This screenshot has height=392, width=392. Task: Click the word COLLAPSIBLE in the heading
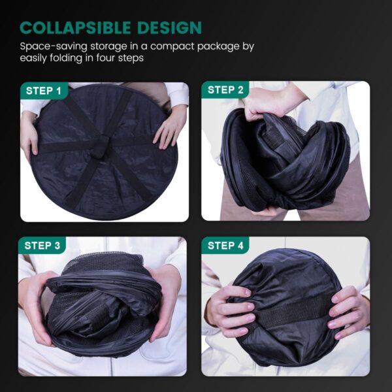pyautogui.click(x=75, y=27)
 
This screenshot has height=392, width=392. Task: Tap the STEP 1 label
pyautogui.click(x=44, y=91)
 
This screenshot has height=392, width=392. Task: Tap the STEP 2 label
pyautogui.click(x=225, y=90)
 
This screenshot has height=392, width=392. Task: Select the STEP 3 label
pyautogui.click(x=42, y=246)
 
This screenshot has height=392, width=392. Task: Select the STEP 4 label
pyautogui.click(x=225, y=246)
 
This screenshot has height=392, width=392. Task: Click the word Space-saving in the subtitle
pyautogui.click(x=54, y=47)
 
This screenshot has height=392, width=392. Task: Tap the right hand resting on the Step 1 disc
pyautogui.click(x=169, y=127)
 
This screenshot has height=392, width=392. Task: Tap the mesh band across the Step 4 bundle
pyautogui.click(x=287, y=311)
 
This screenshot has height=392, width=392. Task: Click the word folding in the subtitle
pyautogui.click(x=66, y=58)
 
